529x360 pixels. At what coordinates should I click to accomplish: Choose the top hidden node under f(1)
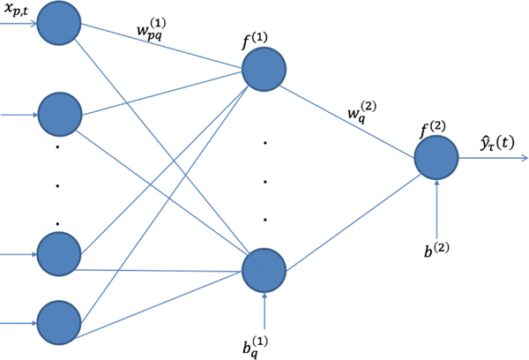(264, 68)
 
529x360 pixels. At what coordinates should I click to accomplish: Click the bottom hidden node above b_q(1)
(264, 268)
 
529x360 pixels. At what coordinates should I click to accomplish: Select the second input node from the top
(58, 115)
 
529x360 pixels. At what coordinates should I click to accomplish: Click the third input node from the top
(58, 253)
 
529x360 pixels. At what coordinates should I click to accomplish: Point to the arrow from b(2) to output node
(437, 203)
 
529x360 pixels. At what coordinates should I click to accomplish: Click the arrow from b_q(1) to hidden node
(264, 304)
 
